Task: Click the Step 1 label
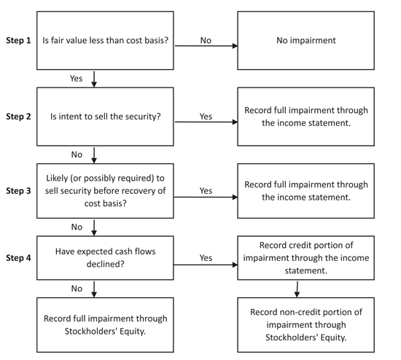pyautogui.click(x=18, y=40)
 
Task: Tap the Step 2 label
pyautogui.click(x=18, y=117)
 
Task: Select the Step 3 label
pyautogui.click(x=18, y=191)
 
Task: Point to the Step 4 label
pyautogui.click(x=18, y=258)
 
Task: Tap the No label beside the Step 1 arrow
pyautogui.click(x=206, y=40)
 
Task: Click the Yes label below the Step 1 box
pyautogui.click(x=77, y=78)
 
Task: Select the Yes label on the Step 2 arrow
pyautogui.click(x=206, y=117)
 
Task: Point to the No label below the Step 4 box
pyautogui.click(x=77, y=289)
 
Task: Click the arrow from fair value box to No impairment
pyautogui.click(x=206, y=46)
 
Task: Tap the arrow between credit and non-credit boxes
pyautogui.click(x=297, y=289)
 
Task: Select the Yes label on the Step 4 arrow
pyautogui.click(x=206, y=258)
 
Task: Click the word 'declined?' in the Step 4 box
pyautogui.click(x=106, y=264)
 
